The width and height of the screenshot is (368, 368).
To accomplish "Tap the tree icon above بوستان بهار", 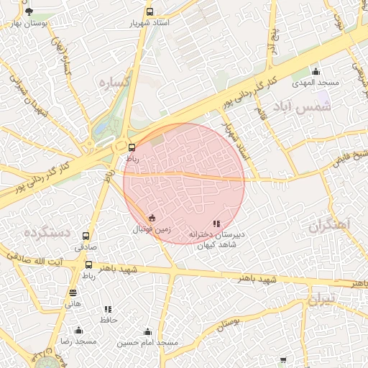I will click(x=29, y=12).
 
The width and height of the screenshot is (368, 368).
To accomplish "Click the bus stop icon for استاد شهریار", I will click(x=149, y=12).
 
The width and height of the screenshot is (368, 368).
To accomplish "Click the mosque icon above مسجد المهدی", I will click(x=316, y=71).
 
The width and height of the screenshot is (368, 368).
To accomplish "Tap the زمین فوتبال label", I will click(x=151, y=229).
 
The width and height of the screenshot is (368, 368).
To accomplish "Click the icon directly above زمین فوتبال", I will click(x=151, y=218).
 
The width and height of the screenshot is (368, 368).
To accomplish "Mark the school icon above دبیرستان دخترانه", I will click(x=217, y=224).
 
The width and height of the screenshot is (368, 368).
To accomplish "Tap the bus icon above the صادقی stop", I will click(x=86, y=236).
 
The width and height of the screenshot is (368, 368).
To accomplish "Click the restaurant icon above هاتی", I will click(x=73, y=293).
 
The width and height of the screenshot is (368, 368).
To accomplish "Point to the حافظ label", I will click(x=109, y=319).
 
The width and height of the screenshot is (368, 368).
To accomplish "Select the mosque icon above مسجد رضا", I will click(x=79, y=331).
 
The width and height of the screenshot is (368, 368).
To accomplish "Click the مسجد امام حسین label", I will click(x=147, y=343).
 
